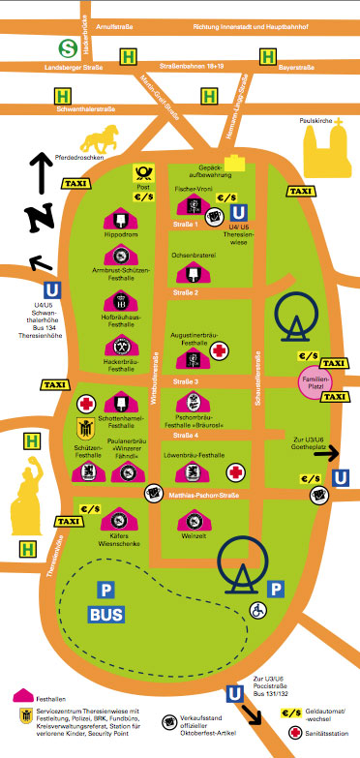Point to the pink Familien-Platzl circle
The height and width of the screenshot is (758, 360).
pyautogui.click(x=312, y=379)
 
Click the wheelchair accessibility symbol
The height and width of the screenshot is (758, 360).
pyautogui.click(x=257, y=612)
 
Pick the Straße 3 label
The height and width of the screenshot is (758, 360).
pyautogui.click(x=185, y=381)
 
